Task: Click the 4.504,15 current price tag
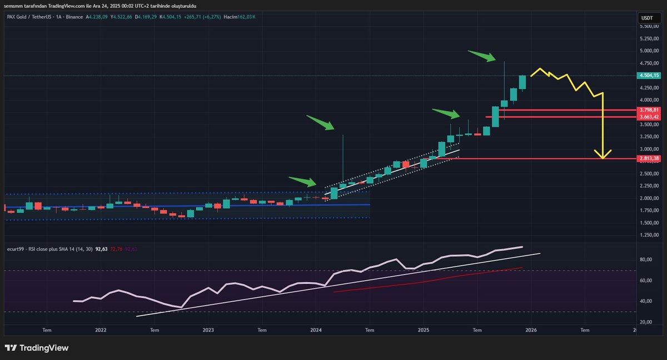point(649,76)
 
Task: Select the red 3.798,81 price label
point(649,110)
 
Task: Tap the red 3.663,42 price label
point(649,117)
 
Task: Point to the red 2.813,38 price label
point(649,159)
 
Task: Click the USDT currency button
point(647,18)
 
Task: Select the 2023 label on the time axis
point(208,330)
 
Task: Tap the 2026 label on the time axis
point(531,330)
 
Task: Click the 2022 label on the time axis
point(101,330)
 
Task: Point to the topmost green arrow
point(481,56)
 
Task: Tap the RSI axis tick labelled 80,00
point(645,259)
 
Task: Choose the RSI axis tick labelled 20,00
point(645,322)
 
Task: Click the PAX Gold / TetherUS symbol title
point(31,17)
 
